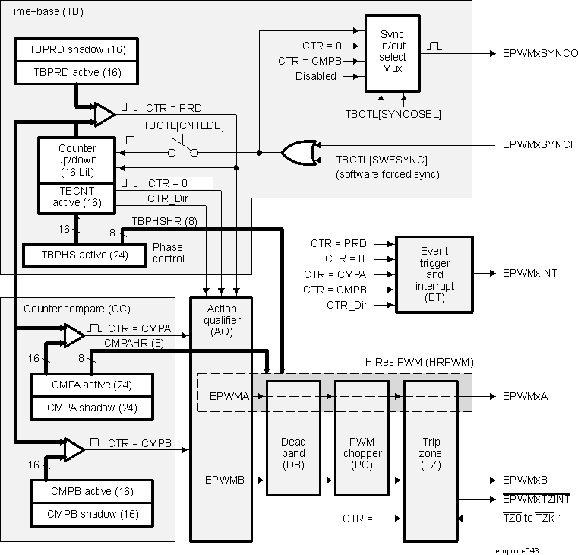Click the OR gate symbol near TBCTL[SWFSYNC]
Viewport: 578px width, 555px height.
298,153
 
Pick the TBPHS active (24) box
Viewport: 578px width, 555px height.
84,254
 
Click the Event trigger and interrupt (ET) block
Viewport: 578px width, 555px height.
434,274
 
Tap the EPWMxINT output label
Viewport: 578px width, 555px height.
530,273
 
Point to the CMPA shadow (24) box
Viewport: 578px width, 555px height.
90,408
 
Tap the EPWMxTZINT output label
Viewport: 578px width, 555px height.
535,498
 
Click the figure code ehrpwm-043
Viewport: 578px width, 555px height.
517,548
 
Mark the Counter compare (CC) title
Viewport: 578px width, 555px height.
66,309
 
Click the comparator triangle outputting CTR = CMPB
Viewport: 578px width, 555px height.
74,449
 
